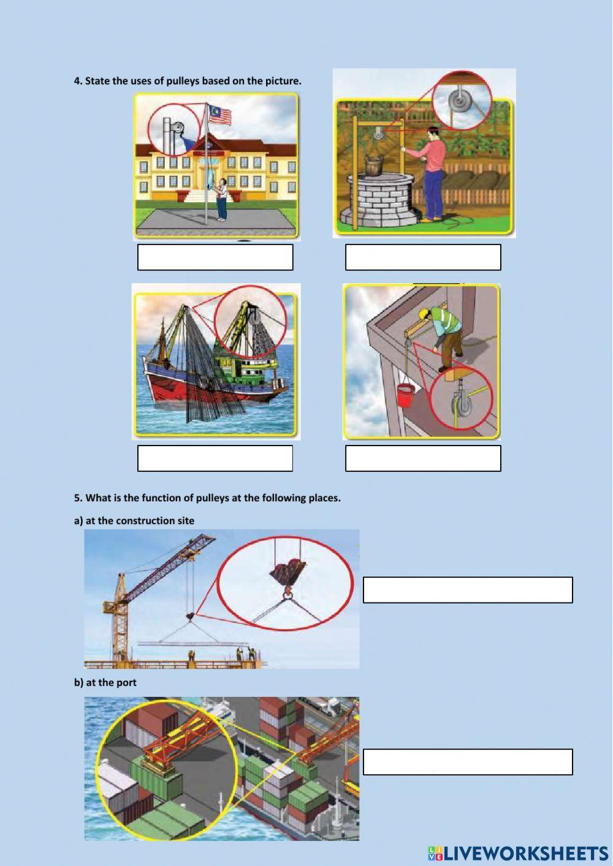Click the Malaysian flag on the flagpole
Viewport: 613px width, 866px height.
click(219, 114)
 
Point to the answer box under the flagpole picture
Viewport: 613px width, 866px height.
click(215, 257)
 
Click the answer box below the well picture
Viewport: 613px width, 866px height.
click(423, 257)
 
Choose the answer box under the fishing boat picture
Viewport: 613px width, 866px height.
click(215, 458)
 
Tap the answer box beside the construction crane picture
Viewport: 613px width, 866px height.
click(468, 590)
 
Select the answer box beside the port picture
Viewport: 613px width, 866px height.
click(468, 762)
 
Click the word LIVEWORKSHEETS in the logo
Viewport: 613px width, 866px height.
click(527, 853)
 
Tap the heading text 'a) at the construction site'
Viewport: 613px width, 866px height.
click(134, 521)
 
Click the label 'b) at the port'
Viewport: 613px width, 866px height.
click(105, 682)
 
